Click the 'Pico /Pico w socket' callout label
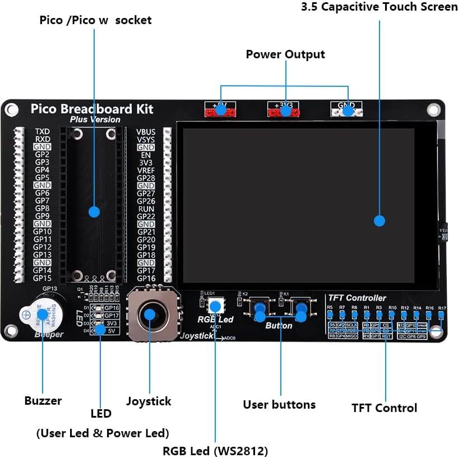pyautogui.click(x=95, y=20)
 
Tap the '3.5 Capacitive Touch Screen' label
pyautogui.click(x=379, y=7)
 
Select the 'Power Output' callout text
pyautogui.click(x=285, y=54)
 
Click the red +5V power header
pyautogui.click(x=220, y=109)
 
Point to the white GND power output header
pyautogui.click(x=348, y=109)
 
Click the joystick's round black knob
pyautogui.click(x=149, y=313)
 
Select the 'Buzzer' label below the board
pyautogui.click(x=43, y=401)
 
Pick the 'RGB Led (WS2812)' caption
pyautogui.click(x=215, y=451)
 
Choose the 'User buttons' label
pyautogui.click(x=279, y=404)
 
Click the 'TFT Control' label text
pyautogui.click(x=384, y=408)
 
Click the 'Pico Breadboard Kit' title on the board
pyautogui.click(x=91, y=109)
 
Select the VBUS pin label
pyautogui.click(x=146, y=132)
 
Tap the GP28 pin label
pyautogui.click(x=146, y=178)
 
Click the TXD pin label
pyautogui.click(x=43, y=131)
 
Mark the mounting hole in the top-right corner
pyautogui.click(x=432, y=109)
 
